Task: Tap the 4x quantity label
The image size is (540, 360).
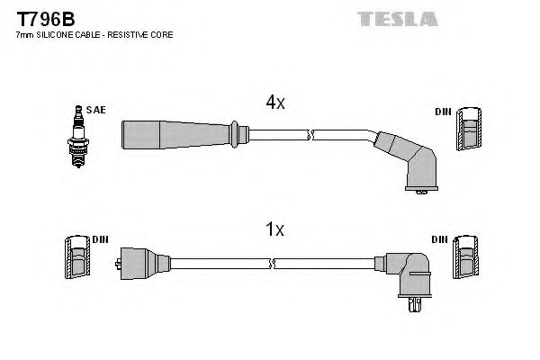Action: [x=274, y=103]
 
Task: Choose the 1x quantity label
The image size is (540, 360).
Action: [x=274, y=229]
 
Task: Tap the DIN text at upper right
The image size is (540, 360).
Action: [x=442, y=111]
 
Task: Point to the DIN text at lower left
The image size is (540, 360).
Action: [x=99, y=239]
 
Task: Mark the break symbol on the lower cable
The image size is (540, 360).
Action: [x=273, y=264]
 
